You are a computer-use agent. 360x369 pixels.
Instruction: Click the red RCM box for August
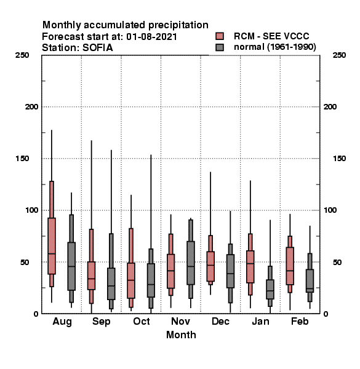pos(52,246)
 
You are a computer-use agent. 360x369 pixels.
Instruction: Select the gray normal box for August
pos(71,266)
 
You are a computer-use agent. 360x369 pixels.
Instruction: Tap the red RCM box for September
pos(91,276)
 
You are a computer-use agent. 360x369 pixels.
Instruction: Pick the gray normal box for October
pos(151,280)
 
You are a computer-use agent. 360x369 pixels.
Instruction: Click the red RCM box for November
pos(170,271)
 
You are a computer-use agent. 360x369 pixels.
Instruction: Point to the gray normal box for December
pos(230,271)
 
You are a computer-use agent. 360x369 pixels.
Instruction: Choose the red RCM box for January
pos(250,267)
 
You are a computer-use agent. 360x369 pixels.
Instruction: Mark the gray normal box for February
pos(310,281)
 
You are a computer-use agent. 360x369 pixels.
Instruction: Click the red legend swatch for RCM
pos(220,36)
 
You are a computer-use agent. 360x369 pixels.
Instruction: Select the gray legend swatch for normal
pos(220,47)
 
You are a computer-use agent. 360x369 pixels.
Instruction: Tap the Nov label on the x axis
pos(180,321)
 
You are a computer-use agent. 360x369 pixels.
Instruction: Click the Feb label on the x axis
pos(300,321)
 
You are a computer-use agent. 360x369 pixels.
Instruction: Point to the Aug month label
pos(62,322)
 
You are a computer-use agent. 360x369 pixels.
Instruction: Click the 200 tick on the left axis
pos(31,107)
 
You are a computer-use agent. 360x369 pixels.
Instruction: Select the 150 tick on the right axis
pos(339,159)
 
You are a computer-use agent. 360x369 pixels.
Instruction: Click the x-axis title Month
pos(181,335)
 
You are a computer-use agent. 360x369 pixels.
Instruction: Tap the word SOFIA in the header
pos(98,48)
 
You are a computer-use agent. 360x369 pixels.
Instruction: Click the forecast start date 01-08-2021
pos(151,37)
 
